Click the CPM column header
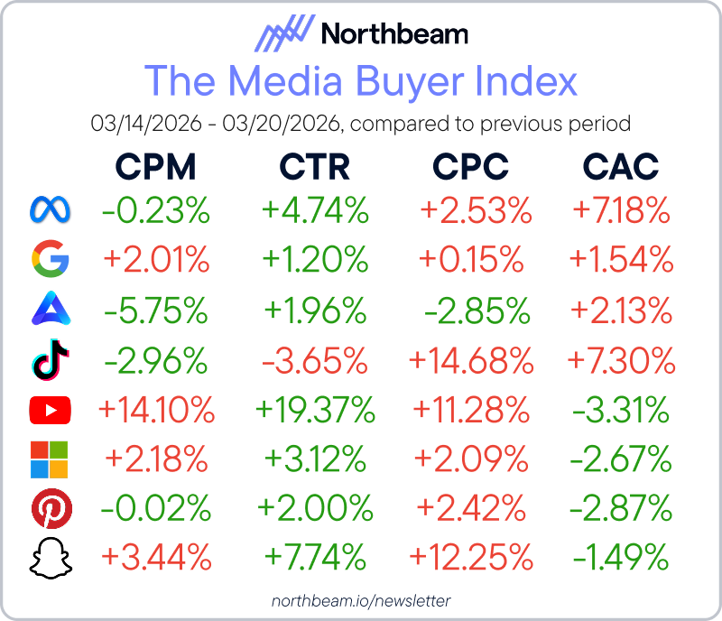(155, 166)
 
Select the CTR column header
(314, 166)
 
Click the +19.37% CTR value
(315, 412)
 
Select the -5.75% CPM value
(156, 311)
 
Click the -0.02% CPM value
(156, 510)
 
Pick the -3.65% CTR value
(315, 361)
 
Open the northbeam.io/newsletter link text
(361, 600)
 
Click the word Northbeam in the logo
(394, 35)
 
